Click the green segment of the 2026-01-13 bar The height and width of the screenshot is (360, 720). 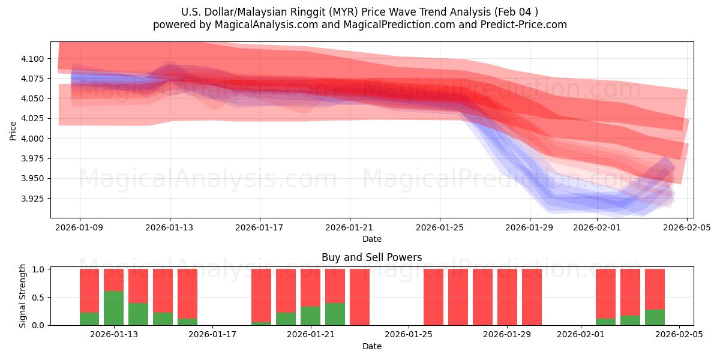pyautogui.click(x=113, y=308)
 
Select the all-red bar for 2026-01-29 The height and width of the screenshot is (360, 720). pyautogui.click(x=507, y=297)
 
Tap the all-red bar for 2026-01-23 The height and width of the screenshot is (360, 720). pyautogui.click(x=359, y=297)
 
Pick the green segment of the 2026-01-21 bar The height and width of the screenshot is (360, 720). pyautogui.click(x=310, y=316)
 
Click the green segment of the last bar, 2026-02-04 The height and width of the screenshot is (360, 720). pyautogui.click(x=655, y=317)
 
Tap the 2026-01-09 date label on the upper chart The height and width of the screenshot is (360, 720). pyautogui.click(x=80, y=227)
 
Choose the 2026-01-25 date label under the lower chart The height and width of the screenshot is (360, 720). pyautogui.click(x=409, y=335)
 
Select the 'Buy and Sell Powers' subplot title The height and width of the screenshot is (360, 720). pyautogui.click(x=371, y=257)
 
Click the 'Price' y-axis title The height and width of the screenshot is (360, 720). pyautogui.click(x=13, y=130)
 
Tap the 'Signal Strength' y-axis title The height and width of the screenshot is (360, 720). pyautogui.click(x=23, y=296)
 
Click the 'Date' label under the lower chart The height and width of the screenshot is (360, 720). pyautogui.click(x=371, y=346)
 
